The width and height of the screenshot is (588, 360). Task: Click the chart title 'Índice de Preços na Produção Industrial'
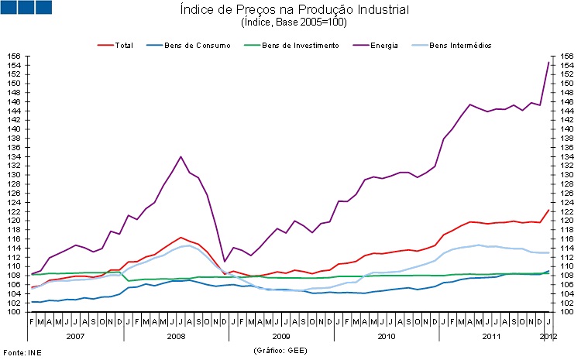coord(294,10)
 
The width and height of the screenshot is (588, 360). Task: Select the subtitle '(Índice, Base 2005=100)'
coord(294,22)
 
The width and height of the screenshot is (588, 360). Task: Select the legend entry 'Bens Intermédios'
coord(460,46)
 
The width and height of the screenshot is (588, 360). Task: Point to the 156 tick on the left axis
coord(15,57)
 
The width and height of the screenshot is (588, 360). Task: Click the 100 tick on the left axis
coord(15,312)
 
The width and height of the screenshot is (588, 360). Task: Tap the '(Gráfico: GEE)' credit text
coord(280,350)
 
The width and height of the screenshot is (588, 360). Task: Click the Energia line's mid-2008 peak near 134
coord(181,156)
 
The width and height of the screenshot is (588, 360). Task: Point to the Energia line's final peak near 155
coord(548,62)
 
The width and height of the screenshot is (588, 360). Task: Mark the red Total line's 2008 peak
coord(181,237)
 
